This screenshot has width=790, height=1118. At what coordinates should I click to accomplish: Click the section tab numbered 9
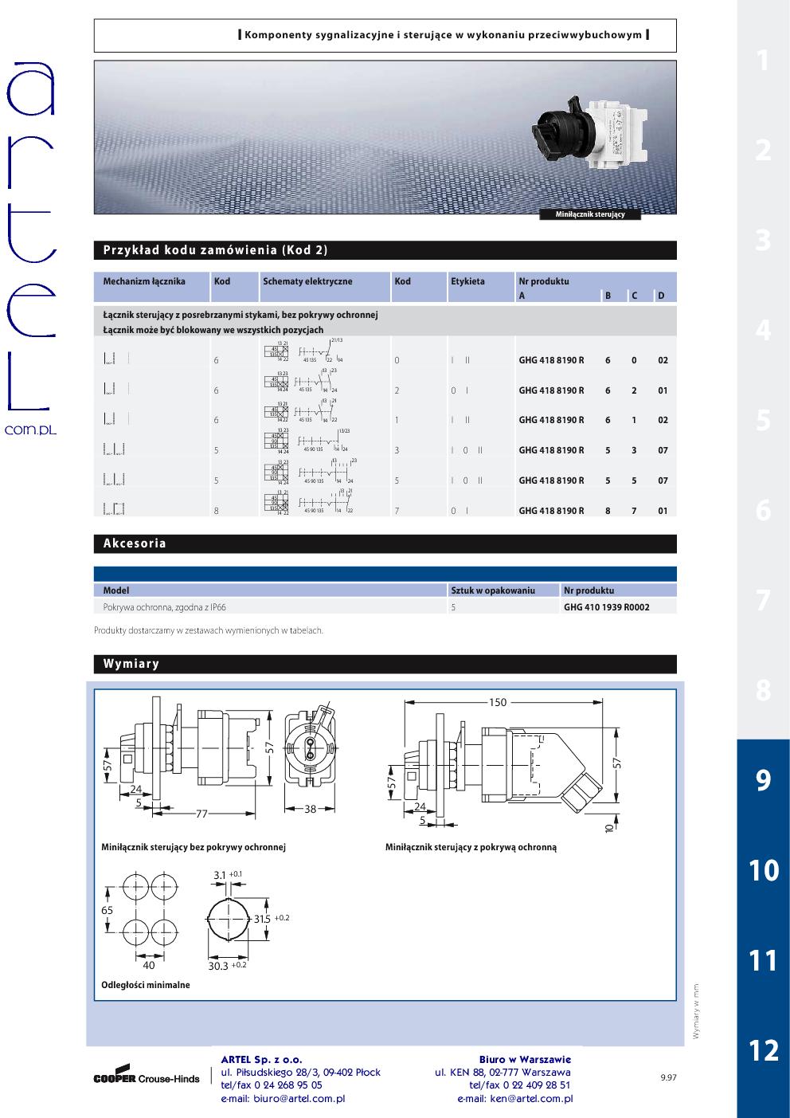click(x=763, y=780)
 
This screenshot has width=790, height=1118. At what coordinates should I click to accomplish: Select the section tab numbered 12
click(x=763, y=1050)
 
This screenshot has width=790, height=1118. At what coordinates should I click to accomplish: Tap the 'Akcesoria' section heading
click(x=135, y=543)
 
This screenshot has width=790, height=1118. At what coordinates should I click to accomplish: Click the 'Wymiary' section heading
click(x=131, y=664)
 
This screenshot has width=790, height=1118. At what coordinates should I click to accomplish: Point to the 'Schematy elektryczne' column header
click(x=307, y=281)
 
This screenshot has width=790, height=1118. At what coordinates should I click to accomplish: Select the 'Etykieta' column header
click(x=467, y=281)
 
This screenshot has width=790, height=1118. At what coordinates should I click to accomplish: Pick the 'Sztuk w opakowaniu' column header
click(x=493, y=590)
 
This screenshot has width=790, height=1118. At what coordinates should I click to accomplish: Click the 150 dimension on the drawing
click(x=498, y=702)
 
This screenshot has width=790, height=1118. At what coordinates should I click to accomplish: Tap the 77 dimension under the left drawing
click(x=201, y=814)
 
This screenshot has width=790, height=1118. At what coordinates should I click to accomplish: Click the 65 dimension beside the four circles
click(x=107, y=910)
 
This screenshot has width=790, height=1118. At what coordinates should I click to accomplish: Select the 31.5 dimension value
click(x=262, y=919)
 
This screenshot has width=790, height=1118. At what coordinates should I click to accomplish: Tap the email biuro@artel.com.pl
click(x=283, y=1098)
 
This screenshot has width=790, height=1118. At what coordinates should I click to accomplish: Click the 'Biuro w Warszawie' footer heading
click(x=525, y=1059)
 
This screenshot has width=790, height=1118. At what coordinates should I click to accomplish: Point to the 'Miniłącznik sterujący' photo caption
click(x=589, y=214)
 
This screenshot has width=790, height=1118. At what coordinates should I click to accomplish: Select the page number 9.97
click(x=668, y=1078)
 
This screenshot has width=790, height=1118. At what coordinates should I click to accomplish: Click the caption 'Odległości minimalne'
click(x=146, y=985)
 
